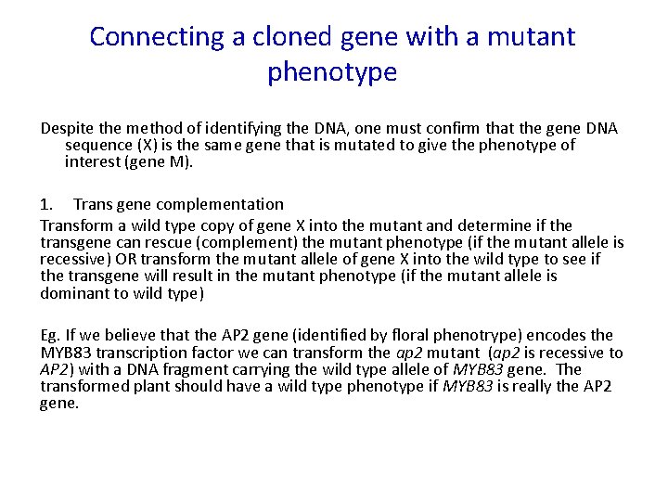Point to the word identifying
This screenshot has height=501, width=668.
pyautogui.click(x=222, y=127)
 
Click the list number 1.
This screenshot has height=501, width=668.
pyautogui.click(x=46, y=203)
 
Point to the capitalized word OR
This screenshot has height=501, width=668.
pyautogui.click(x=121, y=260)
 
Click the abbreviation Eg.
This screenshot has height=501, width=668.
pyautogui.click(x=50, y=335)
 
